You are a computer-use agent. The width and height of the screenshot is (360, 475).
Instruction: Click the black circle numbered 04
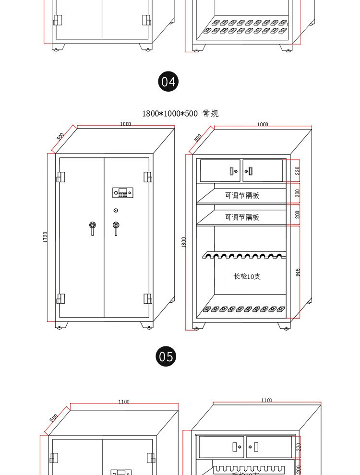(168, 82)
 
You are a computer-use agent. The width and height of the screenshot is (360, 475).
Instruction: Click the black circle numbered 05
(166, 356)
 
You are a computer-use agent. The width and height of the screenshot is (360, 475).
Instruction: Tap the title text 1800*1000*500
(170, 114)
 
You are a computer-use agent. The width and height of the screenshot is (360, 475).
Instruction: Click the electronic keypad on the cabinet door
(123, 192)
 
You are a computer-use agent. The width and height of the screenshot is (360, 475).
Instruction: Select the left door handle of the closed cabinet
(92, 227)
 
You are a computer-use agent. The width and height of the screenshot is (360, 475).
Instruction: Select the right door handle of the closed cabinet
(116, 227)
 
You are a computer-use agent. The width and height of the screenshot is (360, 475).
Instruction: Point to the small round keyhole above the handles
(116, 211)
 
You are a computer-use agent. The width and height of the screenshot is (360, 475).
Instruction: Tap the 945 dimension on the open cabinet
(298, 272)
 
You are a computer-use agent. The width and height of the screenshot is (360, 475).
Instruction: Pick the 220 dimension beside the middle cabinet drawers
(298, 170)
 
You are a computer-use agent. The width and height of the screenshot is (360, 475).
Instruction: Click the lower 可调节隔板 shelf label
(242, 217)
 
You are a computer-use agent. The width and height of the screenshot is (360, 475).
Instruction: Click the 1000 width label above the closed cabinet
(125, 124)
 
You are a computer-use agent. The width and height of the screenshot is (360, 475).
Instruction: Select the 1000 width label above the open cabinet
(263, 124)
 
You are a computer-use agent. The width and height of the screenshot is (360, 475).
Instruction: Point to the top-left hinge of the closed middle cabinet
(60, 177)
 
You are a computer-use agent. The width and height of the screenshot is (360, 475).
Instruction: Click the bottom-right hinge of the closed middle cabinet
(147, 298)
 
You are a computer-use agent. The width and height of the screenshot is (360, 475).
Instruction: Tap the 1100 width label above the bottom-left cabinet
(124, 402)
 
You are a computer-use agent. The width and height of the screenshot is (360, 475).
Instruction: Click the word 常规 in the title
(211, 114)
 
